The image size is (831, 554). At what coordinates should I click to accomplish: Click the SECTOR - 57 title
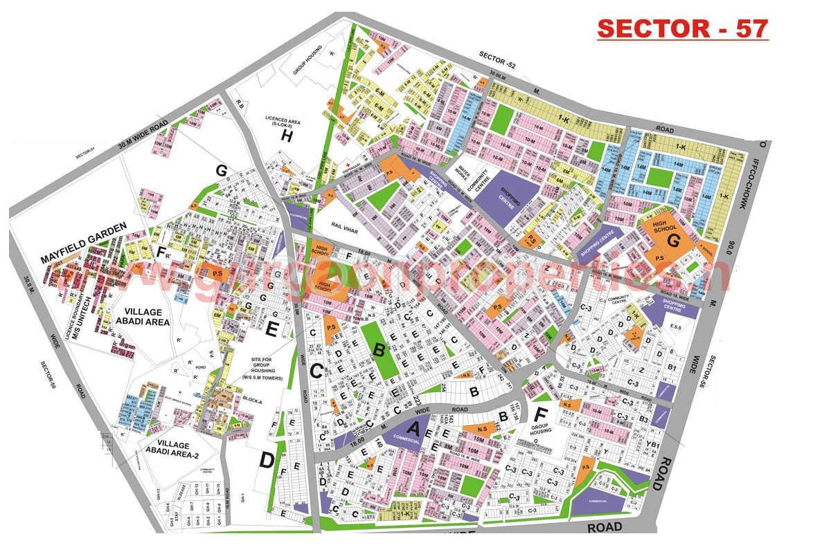(x=682, y=29)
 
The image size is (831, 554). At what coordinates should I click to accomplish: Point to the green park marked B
(x=379, y=350)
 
